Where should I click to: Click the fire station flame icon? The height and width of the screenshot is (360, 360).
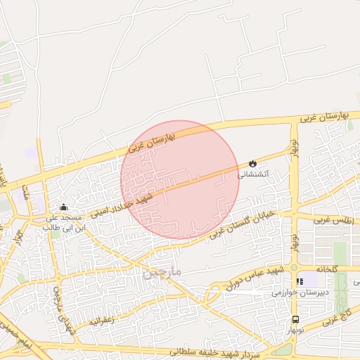(252, 163)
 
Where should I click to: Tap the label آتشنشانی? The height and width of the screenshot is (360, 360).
(252, 174)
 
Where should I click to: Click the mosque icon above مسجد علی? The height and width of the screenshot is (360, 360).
(64, 207)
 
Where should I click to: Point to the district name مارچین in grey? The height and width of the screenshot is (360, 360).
(162, 271)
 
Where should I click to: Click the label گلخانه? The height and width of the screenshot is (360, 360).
(327, 269)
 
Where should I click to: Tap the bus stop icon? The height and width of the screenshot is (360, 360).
(295, 319)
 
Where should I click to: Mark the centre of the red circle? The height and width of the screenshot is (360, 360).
(180, 179)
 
